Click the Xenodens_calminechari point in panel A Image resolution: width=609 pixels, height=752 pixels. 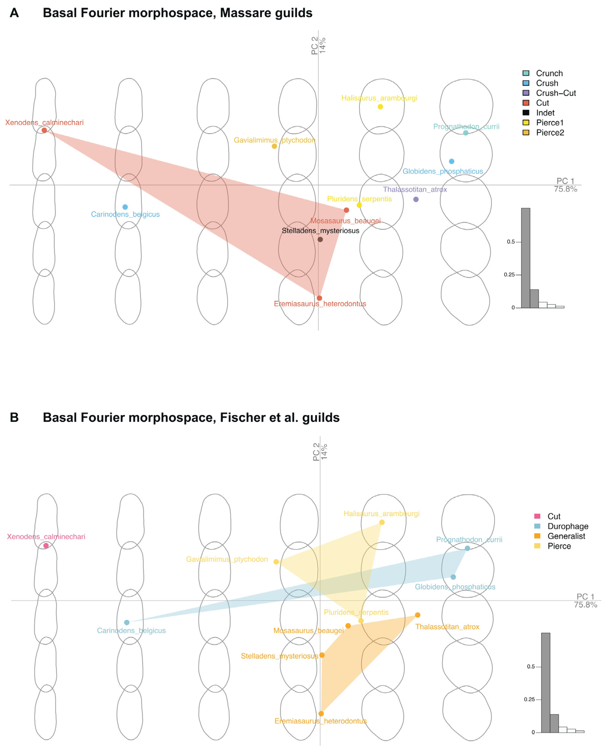point(44,130)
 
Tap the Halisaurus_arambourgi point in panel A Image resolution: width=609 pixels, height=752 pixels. point(380,107)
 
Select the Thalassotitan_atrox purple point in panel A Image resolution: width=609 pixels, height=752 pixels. point(416,199)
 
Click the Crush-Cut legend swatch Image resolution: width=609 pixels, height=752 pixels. point(526,93)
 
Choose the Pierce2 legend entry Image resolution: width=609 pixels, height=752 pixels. point(550,133)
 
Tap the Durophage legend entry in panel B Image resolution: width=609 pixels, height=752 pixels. point(568,526)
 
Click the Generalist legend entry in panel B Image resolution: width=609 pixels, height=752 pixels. point(566,536)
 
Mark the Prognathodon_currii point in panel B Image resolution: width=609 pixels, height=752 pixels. point(467,548)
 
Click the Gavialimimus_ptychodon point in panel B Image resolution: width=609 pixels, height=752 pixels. point(276,562)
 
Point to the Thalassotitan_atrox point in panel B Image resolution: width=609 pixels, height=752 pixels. point(418,615)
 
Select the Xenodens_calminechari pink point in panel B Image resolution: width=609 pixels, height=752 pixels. point(46,546)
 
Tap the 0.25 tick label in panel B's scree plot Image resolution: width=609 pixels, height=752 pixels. point(529,699)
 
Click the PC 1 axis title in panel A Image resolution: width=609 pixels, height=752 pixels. point(565,181)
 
